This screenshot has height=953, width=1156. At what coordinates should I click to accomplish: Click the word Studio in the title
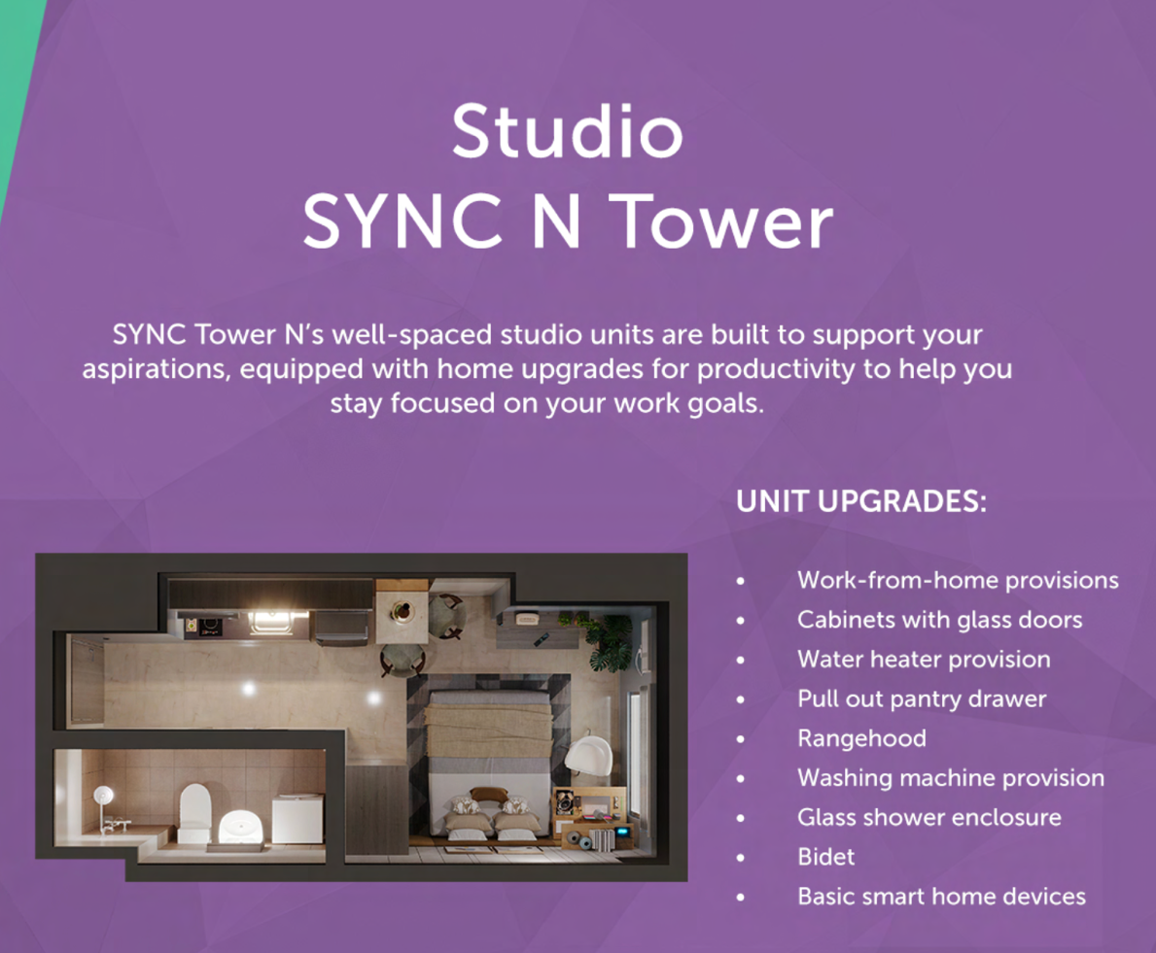567,131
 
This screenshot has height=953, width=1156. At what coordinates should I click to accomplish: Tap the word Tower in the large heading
724,221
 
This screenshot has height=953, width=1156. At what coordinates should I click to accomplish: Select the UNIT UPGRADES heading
861,501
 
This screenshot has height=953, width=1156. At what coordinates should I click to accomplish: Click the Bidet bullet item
825,857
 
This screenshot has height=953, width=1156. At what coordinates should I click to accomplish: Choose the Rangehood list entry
861,738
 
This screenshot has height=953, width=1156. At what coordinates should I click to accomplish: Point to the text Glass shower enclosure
928,817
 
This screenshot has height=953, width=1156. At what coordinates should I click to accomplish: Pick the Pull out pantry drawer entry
922,698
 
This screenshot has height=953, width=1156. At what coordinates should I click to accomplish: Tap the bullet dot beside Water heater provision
740,660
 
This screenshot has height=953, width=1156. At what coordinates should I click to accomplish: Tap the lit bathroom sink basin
240,828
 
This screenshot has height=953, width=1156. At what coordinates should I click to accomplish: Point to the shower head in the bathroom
103,795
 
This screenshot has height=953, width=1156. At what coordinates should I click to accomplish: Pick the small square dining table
402,612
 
